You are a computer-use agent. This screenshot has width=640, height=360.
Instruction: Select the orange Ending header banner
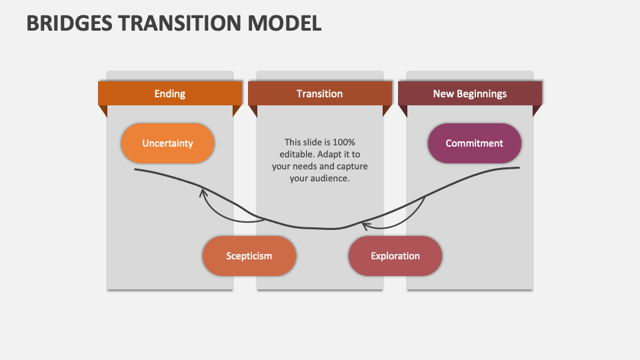tap(170, 94)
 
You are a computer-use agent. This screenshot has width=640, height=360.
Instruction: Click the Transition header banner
tap(320, 94)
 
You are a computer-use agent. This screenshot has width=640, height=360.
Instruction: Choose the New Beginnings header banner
tap(470, 94)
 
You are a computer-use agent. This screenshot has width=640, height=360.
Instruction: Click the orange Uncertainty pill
tap(167, 143)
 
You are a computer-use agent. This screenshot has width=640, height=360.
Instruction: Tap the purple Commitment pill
tap(474, 143)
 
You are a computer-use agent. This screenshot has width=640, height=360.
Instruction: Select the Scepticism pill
tap(249, 256)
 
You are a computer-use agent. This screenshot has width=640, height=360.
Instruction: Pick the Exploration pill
tap(395, 256)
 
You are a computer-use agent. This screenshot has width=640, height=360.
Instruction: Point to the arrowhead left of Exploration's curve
tap(365, 225)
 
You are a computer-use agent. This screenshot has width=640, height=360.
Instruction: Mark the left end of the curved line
tap(135, 169)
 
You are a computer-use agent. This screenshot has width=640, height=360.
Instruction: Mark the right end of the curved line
tap(519, 168)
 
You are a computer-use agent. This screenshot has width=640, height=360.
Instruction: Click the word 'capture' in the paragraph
tap(352, 166)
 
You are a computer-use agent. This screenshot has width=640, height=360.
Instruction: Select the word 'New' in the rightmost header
tap(443, 94)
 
